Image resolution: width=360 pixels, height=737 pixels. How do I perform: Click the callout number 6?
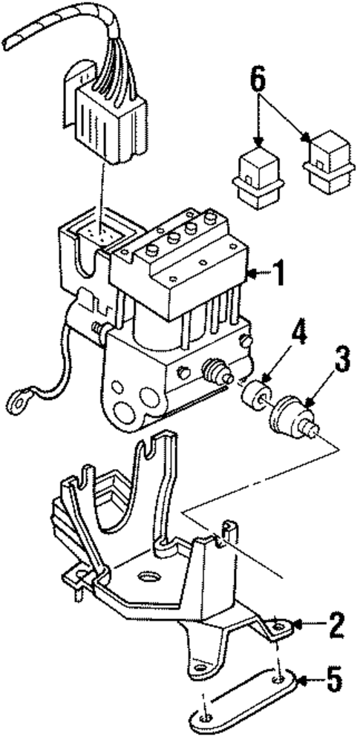pyautogui.click(x=258, y=80)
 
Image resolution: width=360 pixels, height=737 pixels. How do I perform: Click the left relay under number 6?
pyautogui.click(x=256, y=176)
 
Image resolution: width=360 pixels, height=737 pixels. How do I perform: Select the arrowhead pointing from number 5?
pyautogui.click(x=301, y=677)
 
